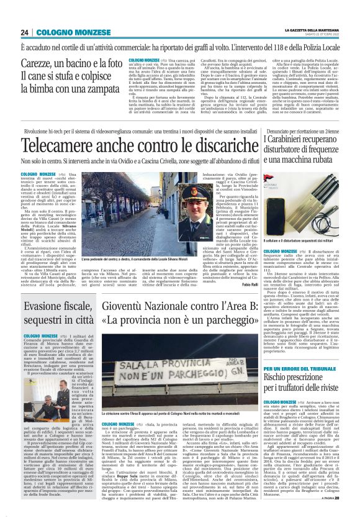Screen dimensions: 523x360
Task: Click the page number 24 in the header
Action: click(25, 32)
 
